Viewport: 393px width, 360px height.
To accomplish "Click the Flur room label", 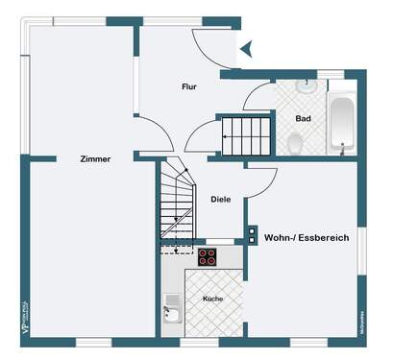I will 189,87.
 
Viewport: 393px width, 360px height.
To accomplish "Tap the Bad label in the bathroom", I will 303,119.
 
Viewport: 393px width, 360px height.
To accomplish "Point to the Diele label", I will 221,200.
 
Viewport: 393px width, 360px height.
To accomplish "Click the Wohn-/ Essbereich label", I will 307,235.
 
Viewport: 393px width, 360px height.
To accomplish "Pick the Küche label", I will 212,300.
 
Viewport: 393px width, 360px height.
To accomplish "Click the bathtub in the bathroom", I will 342,122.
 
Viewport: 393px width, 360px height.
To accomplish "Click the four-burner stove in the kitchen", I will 208,256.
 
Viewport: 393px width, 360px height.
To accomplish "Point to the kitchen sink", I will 172,310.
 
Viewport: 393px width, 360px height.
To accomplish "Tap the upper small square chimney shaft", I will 252,231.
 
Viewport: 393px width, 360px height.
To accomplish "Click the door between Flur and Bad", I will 258,95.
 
